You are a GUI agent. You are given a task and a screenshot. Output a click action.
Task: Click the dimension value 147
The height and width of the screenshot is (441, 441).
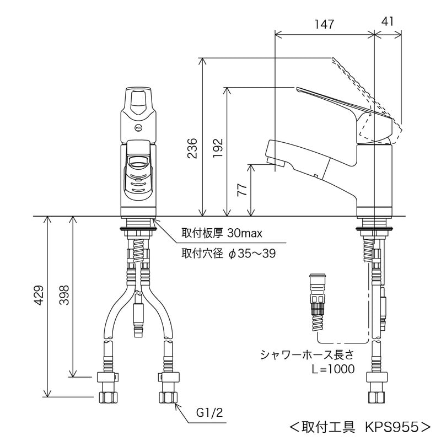click(x=324, y=24)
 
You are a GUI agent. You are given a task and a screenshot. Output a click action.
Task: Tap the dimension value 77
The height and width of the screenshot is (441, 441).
click(x=241, y=190)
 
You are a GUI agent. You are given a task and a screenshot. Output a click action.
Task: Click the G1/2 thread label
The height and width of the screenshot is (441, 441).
click(x=209, y=412)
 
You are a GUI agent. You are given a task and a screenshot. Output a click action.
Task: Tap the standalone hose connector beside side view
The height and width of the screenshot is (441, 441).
click(x=318, y=300)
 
